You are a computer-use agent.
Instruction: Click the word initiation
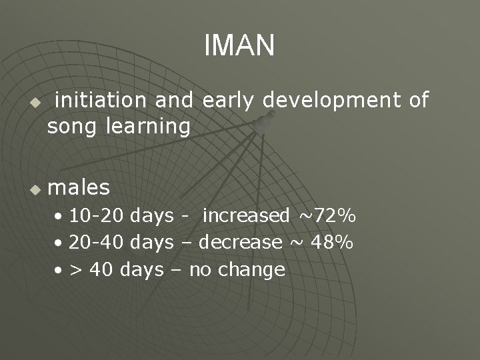(x=102, y=100)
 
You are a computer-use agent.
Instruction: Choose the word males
(x=79, y=188)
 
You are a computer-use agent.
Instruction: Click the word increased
(x=245, y=216)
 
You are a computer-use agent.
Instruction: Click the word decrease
(x=241, y=243)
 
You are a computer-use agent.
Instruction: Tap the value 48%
(x=331, y=243)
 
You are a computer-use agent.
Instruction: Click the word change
(x=253, y=270)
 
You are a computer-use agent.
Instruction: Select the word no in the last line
(x=200, y=270)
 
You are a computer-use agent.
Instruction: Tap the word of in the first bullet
(x=418, y=100)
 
